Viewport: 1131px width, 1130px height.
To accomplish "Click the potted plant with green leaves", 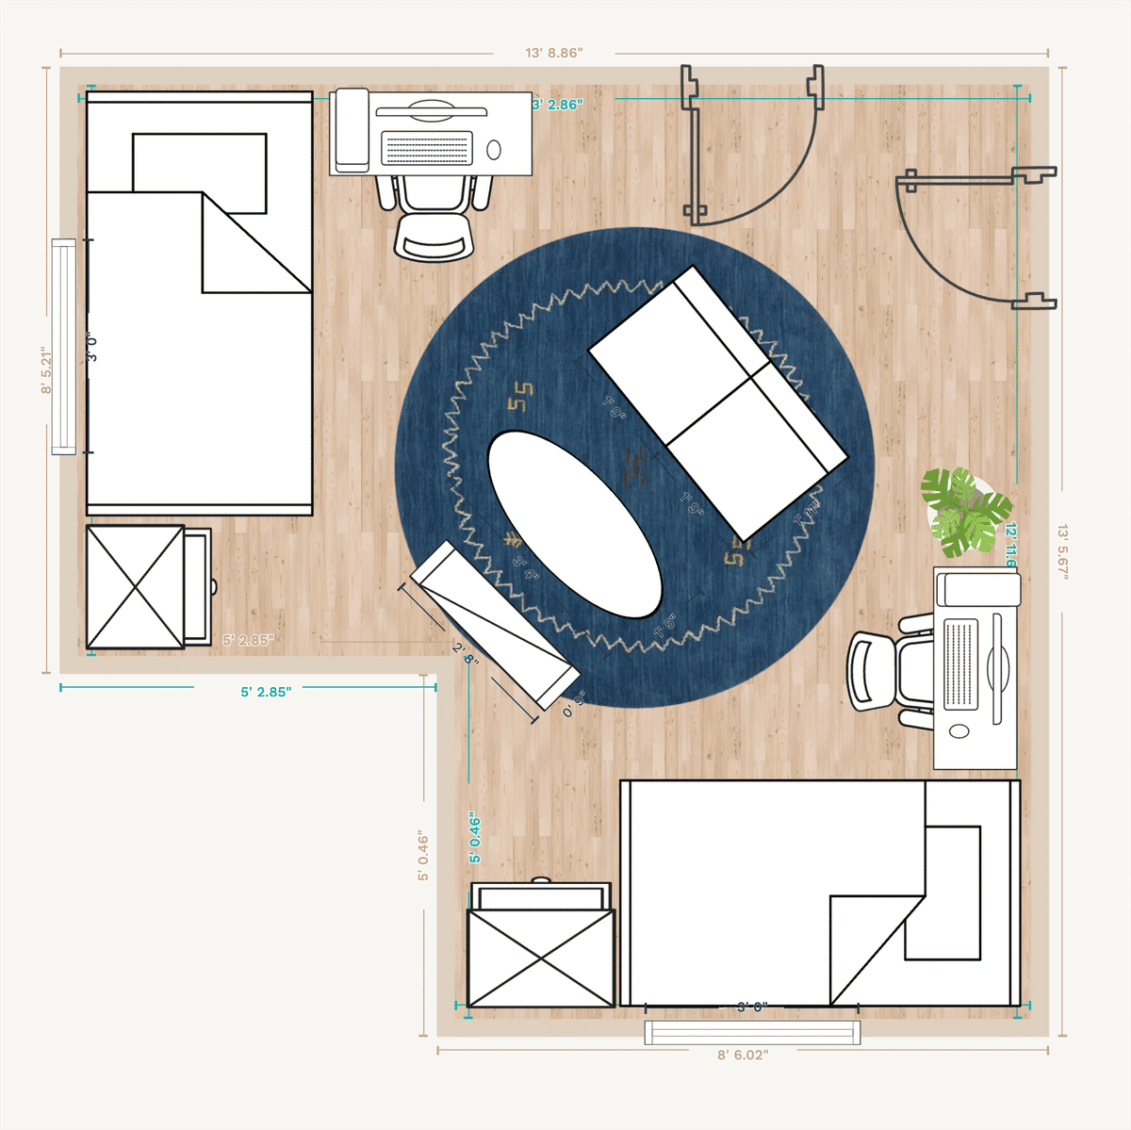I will (964, 513).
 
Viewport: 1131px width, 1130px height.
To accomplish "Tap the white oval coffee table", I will (574, 524).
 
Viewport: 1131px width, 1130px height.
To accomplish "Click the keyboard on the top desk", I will (427, 149).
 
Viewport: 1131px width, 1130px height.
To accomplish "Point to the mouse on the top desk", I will (494, 150).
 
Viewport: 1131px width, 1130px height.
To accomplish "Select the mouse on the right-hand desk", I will (959, 731).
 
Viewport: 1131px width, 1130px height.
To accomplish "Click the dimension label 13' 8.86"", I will (554, 53).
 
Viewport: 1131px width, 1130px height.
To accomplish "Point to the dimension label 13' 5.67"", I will (1063, 551).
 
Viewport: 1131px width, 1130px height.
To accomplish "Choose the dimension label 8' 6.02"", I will (743, 1055).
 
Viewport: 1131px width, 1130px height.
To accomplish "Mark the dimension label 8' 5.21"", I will (46, 370).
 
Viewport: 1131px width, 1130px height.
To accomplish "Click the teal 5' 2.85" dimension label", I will (266, 692).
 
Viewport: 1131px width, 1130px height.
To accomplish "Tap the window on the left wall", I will (63, 347).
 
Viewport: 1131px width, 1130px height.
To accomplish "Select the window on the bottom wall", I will (752, 1033).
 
